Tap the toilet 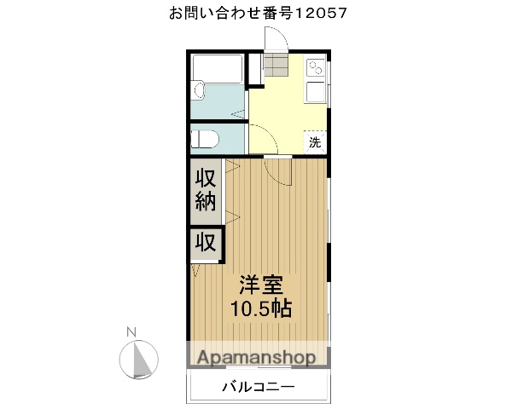pos(206,138)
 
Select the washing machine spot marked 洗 pos(315,142)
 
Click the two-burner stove pos(315,66)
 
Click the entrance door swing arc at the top pos(275,39)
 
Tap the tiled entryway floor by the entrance pos(275,66)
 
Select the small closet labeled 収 pos(206,242)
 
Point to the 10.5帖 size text pos(260,308)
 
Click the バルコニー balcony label pos(258,387)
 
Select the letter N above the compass pos(131,331)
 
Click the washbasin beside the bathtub pos(199,89)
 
